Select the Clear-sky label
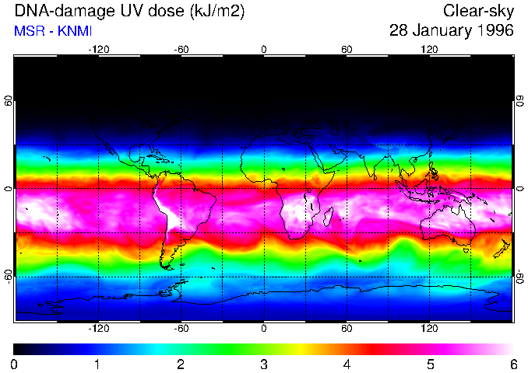pyautogui.click(x=478, y=11)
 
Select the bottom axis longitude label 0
pyautogui.click(x=264, y=328)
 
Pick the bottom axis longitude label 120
pyautogui.click(x=429, y=328)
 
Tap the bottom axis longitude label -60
pyautogui.click(x=181, y=328)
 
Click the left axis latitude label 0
pyautogui.click(x=9, y=189)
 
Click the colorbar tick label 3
pyautogui.click(x=264, y=364)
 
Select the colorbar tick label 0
pyautogui.click(x=15, y=364)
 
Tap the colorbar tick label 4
pyautogui.click(x=347, y=364)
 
